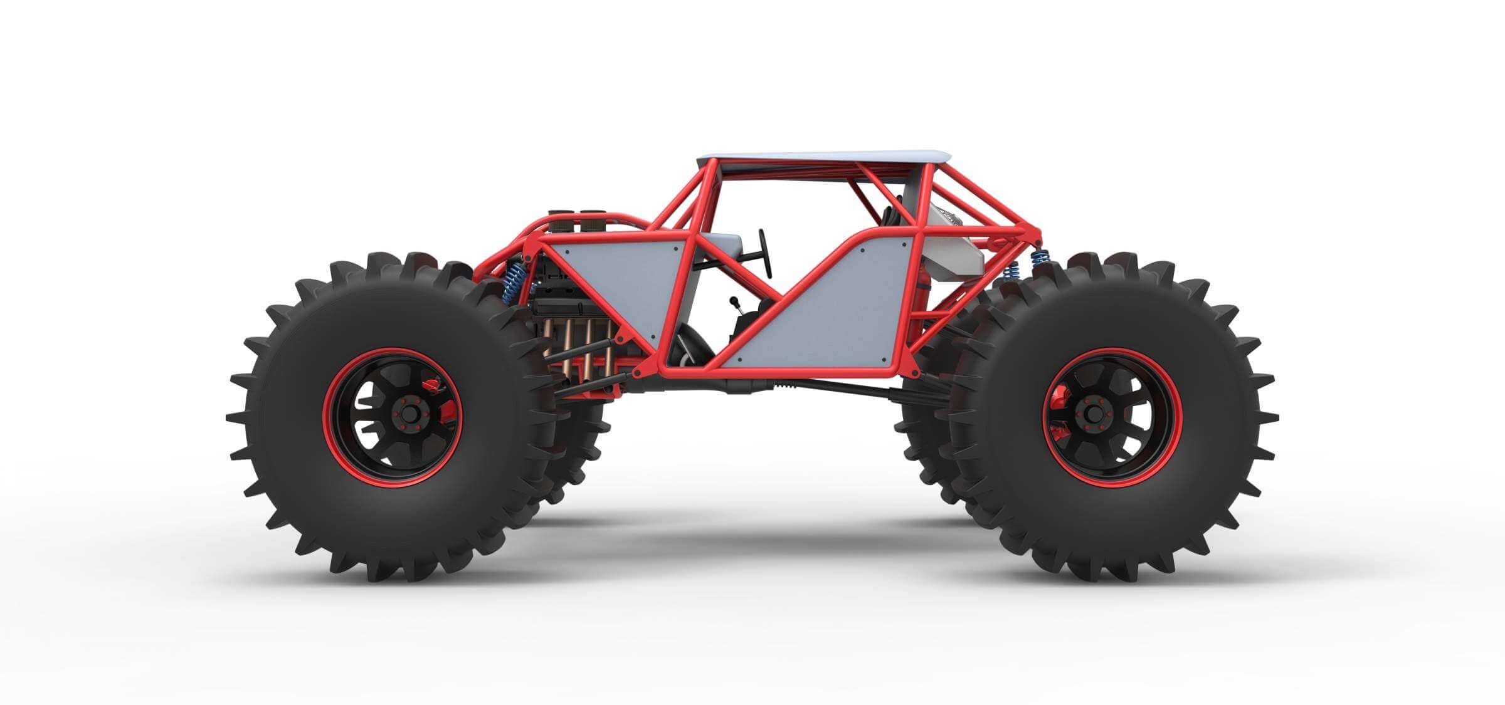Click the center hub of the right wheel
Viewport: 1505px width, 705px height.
(1093, 414)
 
